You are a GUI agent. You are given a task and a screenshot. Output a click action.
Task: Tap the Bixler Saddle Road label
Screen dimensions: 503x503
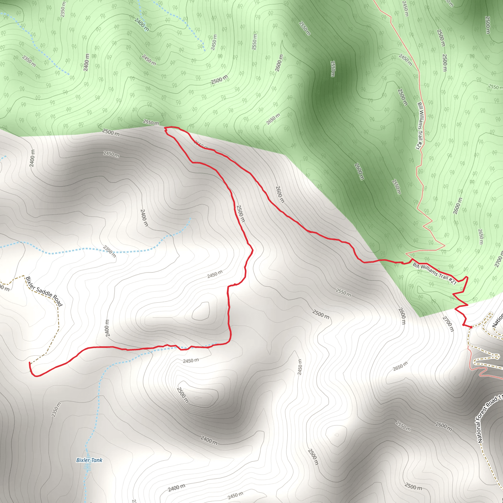(44, 291)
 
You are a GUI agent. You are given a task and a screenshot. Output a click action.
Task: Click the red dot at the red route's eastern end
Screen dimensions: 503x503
(471, 327)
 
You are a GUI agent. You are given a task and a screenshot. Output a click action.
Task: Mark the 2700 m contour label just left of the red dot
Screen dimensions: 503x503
(448, 324)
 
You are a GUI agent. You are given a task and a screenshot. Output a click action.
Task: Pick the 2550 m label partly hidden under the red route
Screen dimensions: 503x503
(201, 145)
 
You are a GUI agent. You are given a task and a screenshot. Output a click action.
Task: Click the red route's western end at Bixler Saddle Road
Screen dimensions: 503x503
(29, 363)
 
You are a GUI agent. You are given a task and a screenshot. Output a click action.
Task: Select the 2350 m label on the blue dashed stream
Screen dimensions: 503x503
(109, 251)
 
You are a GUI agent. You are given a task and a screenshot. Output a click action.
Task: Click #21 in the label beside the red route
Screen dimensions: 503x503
(452, 281)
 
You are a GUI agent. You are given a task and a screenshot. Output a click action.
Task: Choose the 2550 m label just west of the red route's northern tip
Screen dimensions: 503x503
(151, 122)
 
